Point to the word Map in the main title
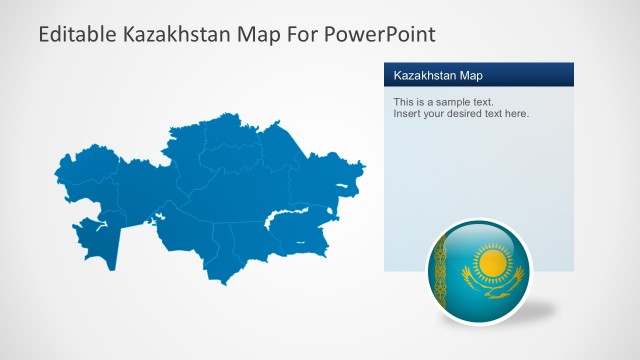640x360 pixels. point(256,35)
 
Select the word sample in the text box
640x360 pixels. point(451,102)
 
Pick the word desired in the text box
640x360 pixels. point(472,114)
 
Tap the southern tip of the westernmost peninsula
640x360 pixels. point(113,267)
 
